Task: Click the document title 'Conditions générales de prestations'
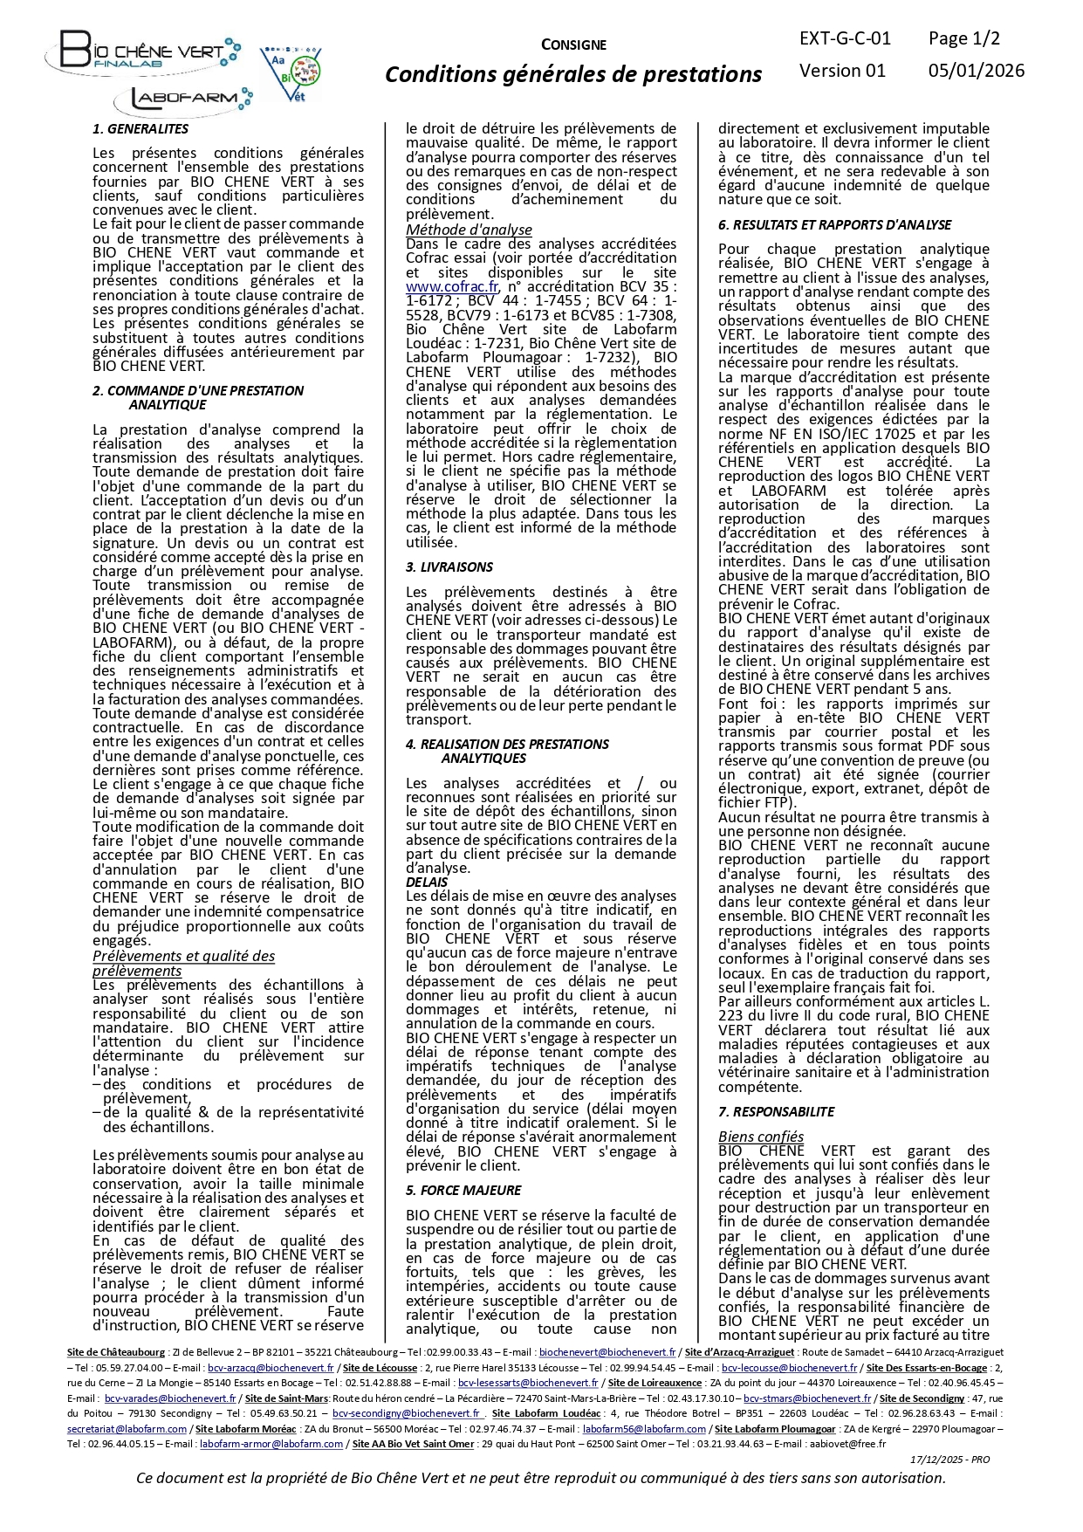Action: coord(573,75)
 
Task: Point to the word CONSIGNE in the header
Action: coord(573,45)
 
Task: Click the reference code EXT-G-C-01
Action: coord(845,38)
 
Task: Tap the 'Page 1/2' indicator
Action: coord(963,38)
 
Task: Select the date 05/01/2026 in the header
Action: coord(976,71)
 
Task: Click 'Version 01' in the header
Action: coord(842,71)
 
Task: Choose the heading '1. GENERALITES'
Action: coord(141,129)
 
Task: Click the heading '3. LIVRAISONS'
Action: coord(449,567)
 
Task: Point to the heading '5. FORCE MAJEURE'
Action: coord(463,1191)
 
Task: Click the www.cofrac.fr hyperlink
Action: coord(452,286)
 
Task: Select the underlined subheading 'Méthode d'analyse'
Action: coord(469,230)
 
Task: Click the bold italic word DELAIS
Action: coord(427,883)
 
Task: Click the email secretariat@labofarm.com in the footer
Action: coord(127,1429)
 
